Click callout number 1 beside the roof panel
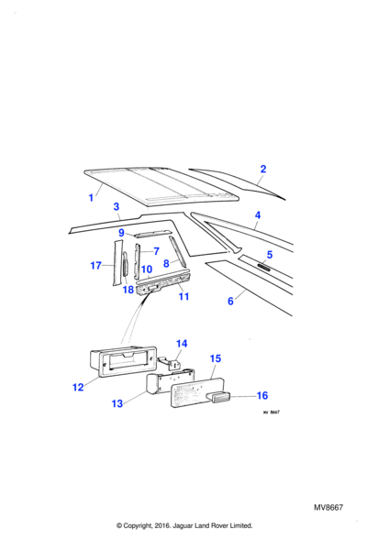pyautogui.click(x=91, y=198)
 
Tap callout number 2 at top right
pyautogui.click(x=263, y=169)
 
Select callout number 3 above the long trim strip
pyautogui.click(x=117, y=206)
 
